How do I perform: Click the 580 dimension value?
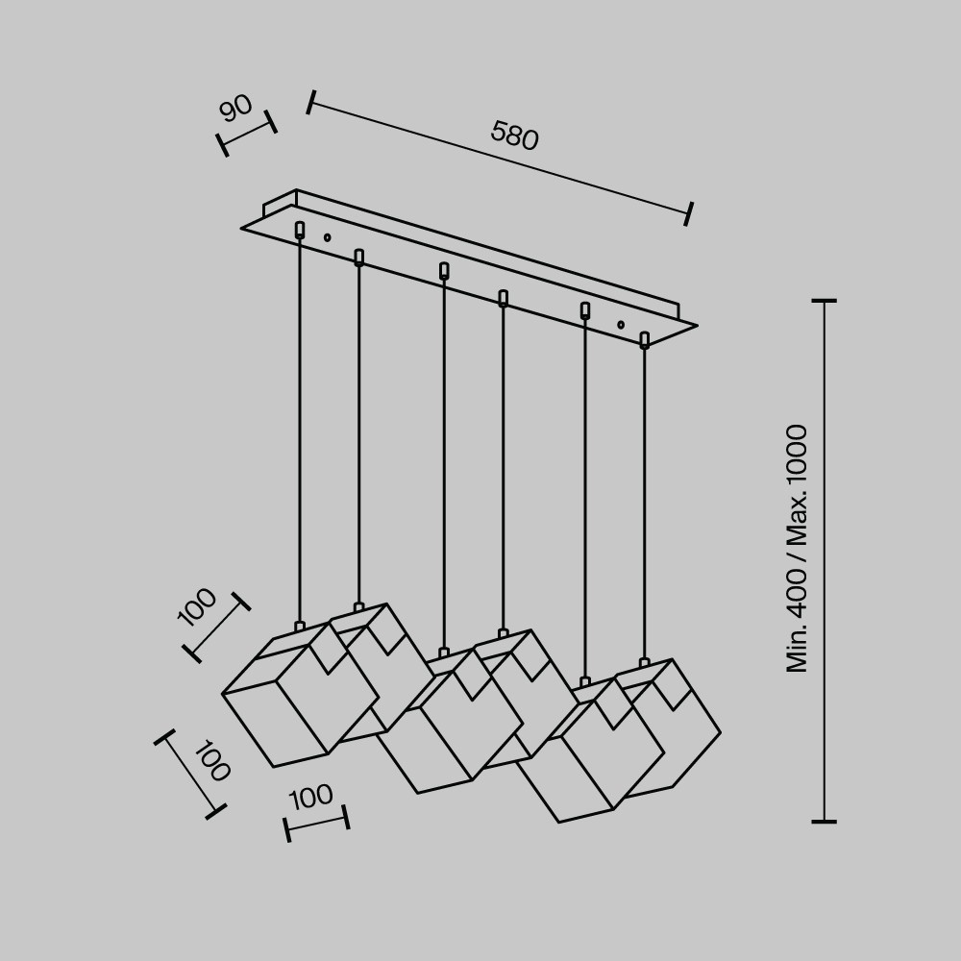514,136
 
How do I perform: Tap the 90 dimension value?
235,108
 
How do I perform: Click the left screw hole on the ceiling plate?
327,237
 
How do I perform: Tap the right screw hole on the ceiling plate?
621,325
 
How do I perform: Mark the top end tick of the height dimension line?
824,301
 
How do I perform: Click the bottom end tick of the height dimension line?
824,822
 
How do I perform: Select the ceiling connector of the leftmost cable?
300,230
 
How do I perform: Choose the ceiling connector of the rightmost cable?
644,339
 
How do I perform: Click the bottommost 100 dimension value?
311,797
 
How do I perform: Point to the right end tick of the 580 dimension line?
689,213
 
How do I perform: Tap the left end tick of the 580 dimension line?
310,102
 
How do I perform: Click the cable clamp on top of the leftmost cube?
300,627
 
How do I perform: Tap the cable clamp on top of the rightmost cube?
644,663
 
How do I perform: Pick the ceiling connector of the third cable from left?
444,271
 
